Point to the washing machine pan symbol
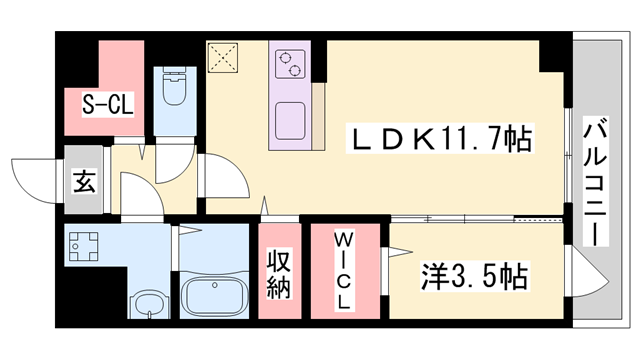click(x=86, y=245)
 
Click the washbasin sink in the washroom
click(x=147, y=304)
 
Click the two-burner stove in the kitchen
click(x=289, y=63)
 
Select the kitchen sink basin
click(x=291, y=117)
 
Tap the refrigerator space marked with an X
click(x=221, y=57)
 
